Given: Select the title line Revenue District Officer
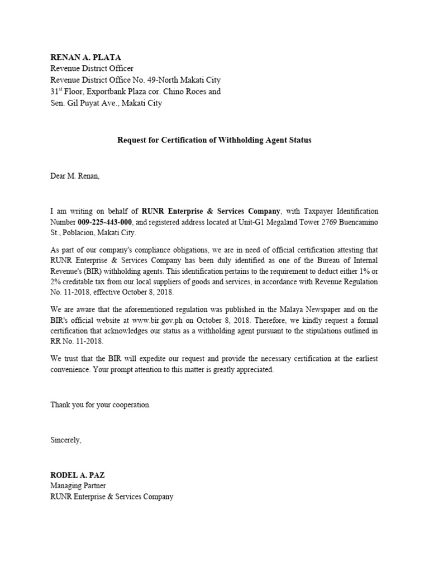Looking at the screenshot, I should [x=92, y=69].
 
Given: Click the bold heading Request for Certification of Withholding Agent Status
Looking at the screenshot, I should [x=214, y=140].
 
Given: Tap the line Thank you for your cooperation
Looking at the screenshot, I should [x=101, y=405].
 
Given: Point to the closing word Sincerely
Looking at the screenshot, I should [x=66, y=440].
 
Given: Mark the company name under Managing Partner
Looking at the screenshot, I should [x=112, y=497].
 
